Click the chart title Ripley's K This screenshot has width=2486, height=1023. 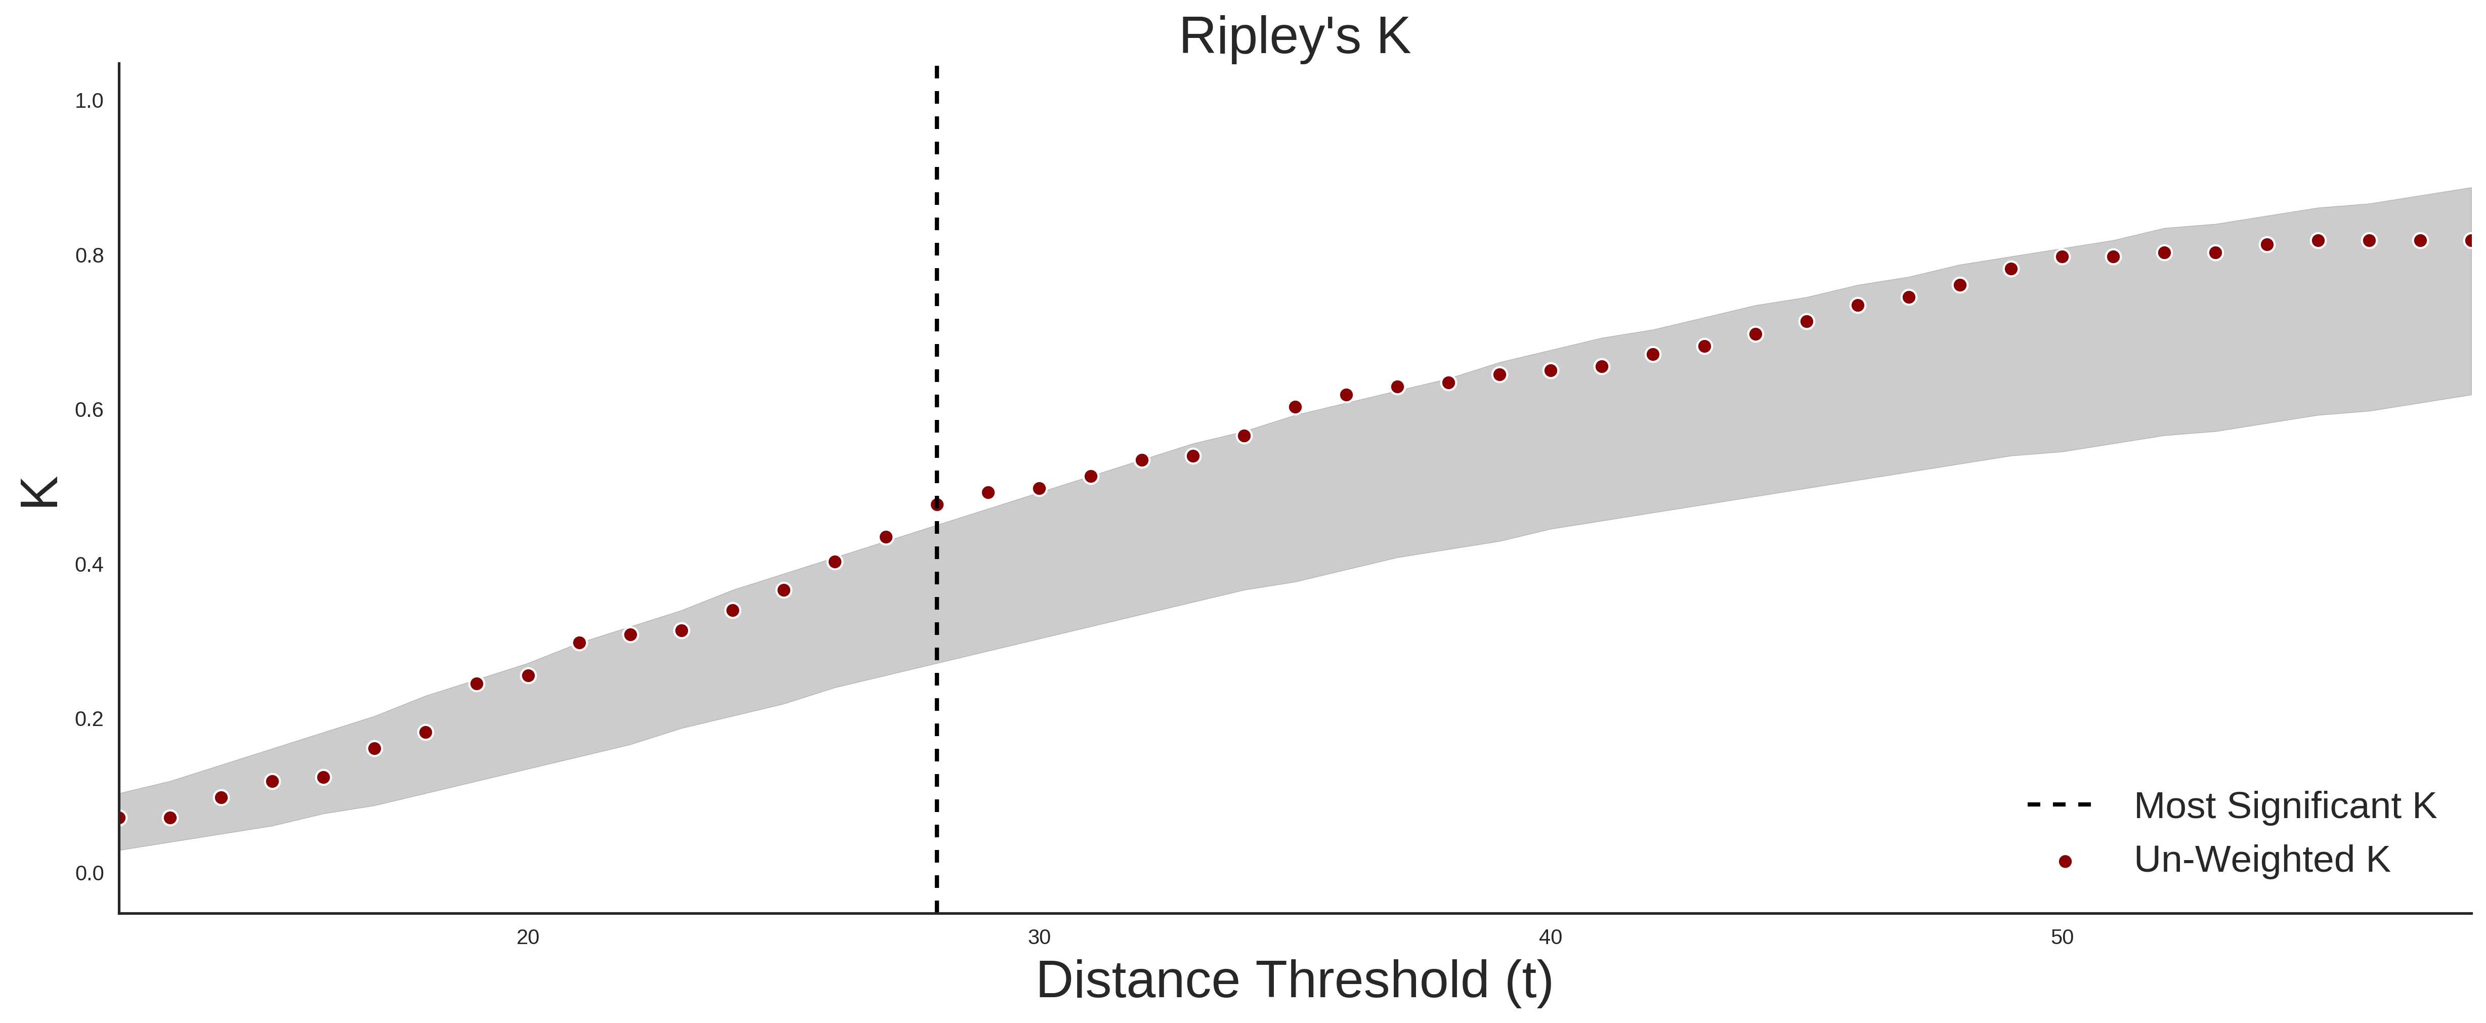1294,36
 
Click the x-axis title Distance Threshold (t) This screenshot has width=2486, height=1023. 1294,981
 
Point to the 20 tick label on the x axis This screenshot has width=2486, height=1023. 528,937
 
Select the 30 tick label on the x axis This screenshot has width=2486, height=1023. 1039,937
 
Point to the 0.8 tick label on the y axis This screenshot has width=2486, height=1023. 89,256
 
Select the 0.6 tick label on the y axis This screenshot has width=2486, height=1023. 89,410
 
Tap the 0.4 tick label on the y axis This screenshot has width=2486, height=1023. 89,565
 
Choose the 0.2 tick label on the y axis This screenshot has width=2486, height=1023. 89,719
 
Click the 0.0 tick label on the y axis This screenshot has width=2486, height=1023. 89,873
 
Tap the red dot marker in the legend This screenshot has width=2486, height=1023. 2064,862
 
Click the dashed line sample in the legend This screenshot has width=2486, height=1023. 2060,804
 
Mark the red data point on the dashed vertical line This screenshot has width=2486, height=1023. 936,505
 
